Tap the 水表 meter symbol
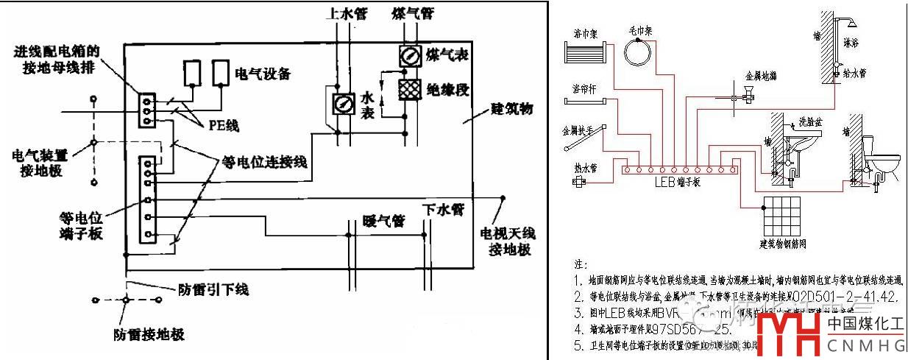[341, 105]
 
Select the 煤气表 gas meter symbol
[408, 56]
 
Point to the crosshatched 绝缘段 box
[408, 89]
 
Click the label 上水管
[346, 13]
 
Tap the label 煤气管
[412, 13]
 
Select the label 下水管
[443, 210]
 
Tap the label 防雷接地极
[149, 335]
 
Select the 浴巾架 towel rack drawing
[584, 53]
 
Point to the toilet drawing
[882, 158]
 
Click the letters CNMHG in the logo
[865, 345]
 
